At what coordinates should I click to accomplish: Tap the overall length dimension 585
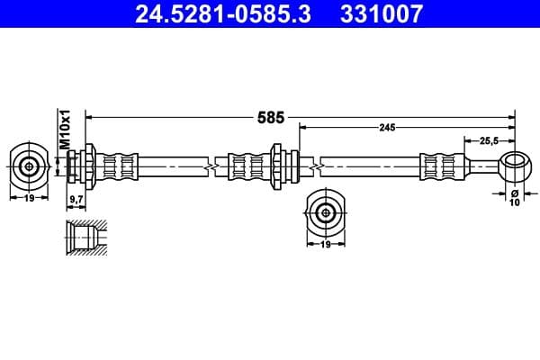coord(270,117)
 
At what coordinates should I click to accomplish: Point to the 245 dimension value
coord(387,128)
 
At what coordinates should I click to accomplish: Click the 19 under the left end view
coord(30,197)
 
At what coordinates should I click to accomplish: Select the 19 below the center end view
coord(324,244)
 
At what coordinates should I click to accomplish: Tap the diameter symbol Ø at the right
coord(514,193)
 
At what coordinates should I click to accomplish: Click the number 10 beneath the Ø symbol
coord(514,203)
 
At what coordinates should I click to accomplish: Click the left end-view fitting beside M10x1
coord(30,166)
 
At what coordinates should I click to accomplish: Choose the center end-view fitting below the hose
coord(324,212)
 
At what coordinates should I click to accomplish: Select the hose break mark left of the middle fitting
coord(211,166)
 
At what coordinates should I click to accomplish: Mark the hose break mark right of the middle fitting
coord(315,166)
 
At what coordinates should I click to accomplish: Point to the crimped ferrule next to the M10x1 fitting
coord(120,166)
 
